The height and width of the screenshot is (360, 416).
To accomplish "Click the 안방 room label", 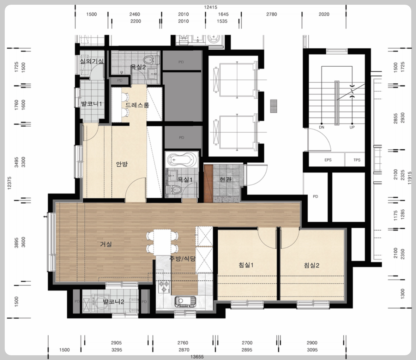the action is [x=122, y=164].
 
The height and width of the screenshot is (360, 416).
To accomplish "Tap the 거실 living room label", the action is [x=106, y=244].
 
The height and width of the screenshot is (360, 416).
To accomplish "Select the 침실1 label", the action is [x=246, y=265].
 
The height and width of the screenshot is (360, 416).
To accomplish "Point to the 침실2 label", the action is [x=311, y=265].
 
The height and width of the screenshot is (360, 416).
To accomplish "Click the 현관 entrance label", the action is [x=226, y=179].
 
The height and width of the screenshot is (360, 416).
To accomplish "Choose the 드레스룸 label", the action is [x=137, y=105].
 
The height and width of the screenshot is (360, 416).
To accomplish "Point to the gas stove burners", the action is [x=164, y=286].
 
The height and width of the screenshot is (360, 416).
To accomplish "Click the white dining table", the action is [x=162, y=242].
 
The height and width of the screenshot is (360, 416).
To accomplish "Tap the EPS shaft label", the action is [x=328, y=160].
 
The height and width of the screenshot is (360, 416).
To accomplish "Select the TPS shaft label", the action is [x=357, y=160].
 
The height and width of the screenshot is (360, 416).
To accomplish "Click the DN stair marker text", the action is [x=322, y=127].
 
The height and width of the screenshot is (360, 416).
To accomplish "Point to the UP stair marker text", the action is [x=352, y=127].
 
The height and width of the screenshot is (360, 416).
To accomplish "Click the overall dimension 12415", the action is [x=210, y=7].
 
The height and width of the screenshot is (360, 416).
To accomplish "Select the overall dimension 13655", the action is [x=197, y=357].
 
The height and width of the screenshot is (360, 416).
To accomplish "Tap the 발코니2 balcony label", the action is [x=113, y=302].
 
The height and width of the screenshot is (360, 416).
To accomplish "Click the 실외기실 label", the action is [x=92, y=61].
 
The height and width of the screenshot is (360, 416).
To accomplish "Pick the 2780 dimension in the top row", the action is [x=272, y=14].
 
